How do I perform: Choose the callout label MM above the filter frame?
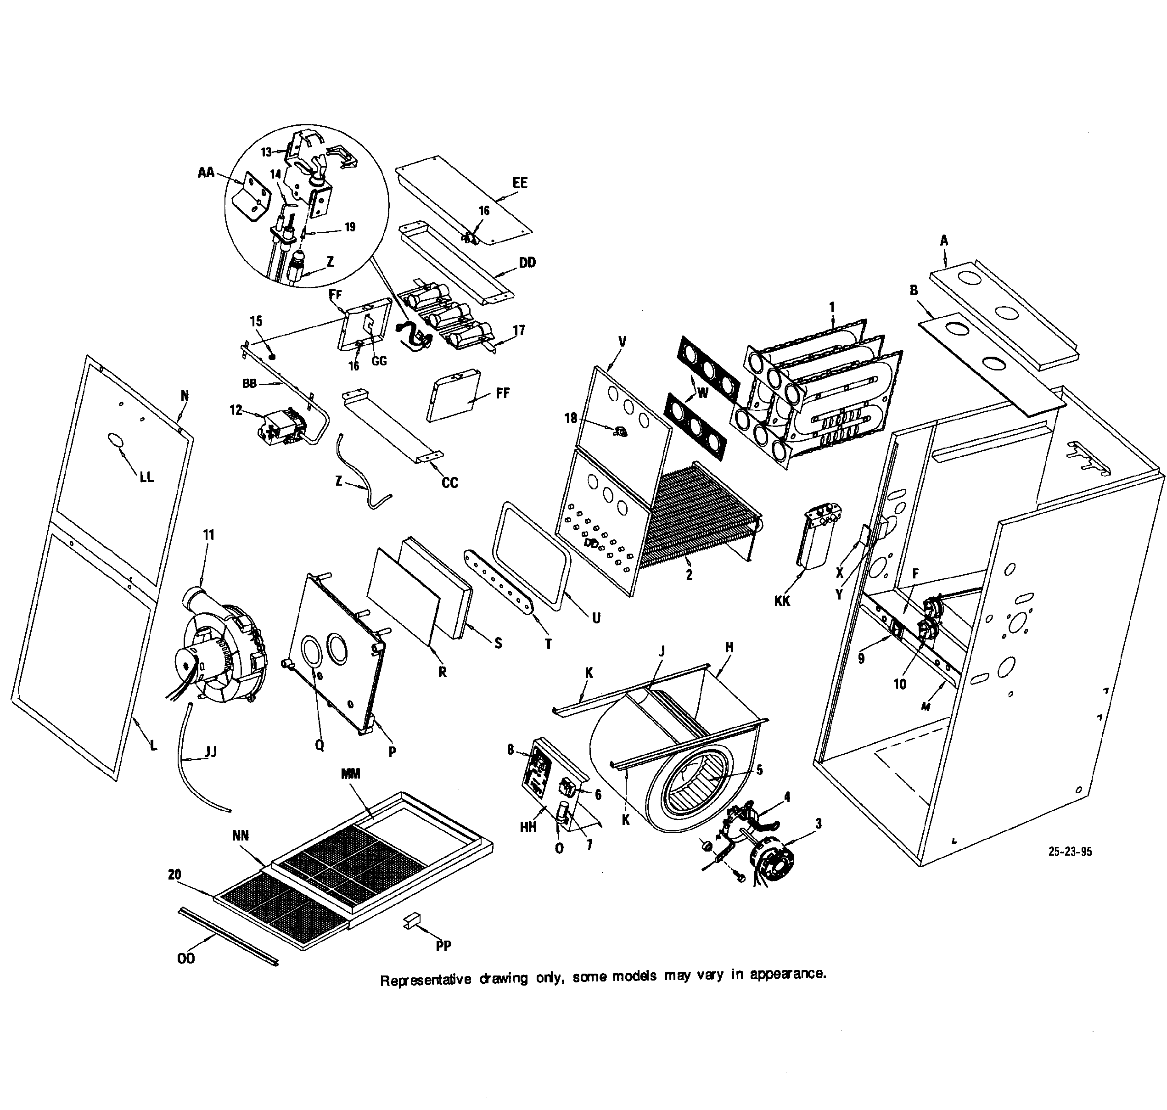click(350, 774)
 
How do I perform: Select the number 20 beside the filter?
click(174, 875)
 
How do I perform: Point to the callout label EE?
click(520, 183)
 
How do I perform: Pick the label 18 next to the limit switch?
click(571, 418)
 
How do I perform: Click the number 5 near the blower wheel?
click(759, 770)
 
